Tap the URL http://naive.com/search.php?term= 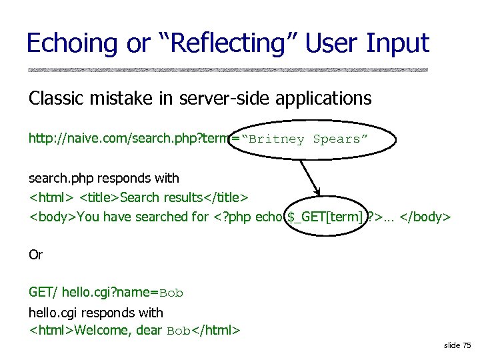click(133, 139)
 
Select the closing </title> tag click(227, 197)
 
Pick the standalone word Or click(35, 255)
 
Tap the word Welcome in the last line click(103, 330)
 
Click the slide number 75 click(466, 345)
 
